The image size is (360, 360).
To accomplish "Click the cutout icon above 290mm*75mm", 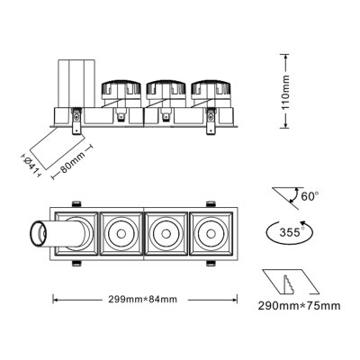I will tap(290, 281).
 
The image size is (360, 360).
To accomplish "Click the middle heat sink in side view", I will tap(165, 94).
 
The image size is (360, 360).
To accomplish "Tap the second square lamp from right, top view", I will tap(165, 235).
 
